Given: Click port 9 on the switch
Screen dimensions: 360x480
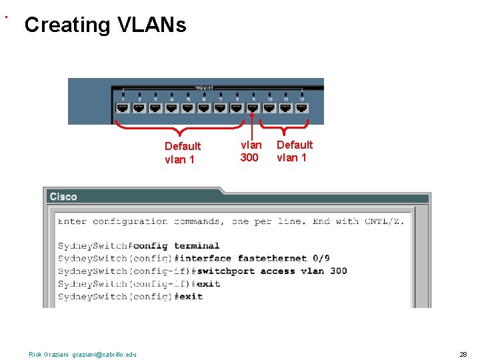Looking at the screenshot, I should tap(253, 107).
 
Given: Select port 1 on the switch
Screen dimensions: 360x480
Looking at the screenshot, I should tap(123, 107).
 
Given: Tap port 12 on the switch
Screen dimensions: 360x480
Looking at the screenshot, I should tap(302, 107).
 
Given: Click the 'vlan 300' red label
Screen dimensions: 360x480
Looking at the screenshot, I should tap(251, 151).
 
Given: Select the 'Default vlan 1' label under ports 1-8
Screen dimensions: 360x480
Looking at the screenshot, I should tap(182, 153).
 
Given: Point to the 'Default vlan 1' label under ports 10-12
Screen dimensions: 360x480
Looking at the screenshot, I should tap(294, 151).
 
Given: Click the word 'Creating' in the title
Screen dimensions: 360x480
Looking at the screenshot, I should tap(67, 25).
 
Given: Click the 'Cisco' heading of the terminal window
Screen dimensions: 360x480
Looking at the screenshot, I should tap(63, 197).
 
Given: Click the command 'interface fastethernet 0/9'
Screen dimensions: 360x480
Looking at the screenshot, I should tap(253, 259).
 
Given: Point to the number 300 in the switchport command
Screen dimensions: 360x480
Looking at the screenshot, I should tap(338, 271).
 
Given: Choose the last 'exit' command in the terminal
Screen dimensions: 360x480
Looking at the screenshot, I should tap(191, 296).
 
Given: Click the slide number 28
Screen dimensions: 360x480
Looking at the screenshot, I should tap(463, 354).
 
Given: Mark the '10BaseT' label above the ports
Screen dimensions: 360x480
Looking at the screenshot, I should tap(204, 87).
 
